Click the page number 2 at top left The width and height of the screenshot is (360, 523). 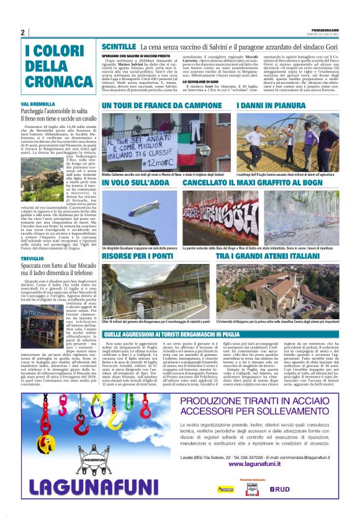(x=22, y=33)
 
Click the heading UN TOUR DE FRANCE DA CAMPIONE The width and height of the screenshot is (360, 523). (x=163, y=107)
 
